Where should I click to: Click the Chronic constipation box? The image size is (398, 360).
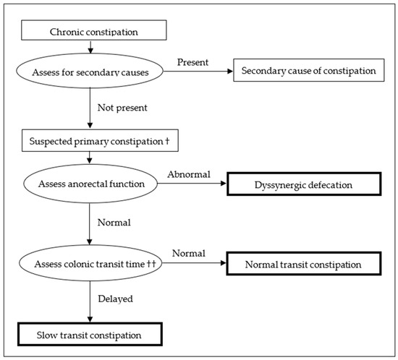point(89,32)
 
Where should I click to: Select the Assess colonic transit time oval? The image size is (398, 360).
point(88,265)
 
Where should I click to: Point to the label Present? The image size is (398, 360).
point(192,62)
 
